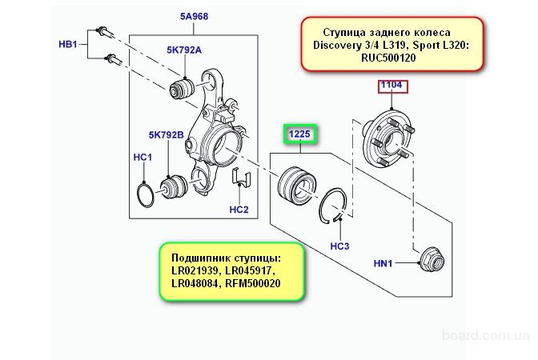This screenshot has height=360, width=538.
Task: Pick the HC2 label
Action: coord(239,210)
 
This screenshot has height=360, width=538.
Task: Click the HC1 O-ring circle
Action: coord(146,195)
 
